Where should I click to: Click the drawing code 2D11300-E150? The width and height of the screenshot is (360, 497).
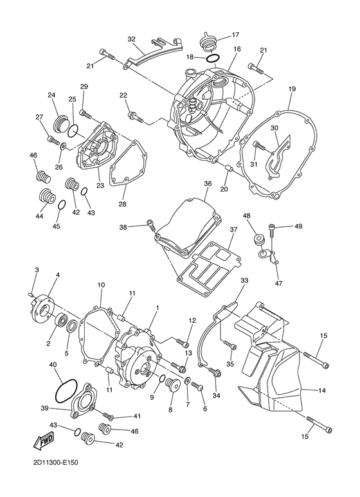point(55,472)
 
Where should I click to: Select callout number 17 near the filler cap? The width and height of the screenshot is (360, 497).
point(235,35)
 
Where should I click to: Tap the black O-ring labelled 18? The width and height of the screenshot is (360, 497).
point(212,59)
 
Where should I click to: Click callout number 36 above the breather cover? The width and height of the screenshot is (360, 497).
point(208,184)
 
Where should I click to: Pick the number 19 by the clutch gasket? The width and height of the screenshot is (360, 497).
point(292,89)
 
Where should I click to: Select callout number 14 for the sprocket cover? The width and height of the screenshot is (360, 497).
point(322,391)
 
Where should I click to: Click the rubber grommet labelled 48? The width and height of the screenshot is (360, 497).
point(258,240)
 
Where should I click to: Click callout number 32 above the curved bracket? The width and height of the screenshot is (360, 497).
point(132,39)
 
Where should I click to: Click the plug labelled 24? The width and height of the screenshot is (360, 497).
point(60,123)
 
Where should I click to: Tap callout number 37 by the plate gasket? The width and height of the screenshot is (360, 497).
point(233,229)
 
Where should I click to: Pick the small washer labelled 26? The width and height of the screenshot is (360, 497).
point(63,146)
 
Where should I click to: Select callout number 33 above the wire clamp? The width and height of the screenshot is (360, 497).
point(244,280)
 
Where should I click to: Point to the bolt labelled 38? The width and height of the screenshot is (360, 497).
point(152,226)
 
